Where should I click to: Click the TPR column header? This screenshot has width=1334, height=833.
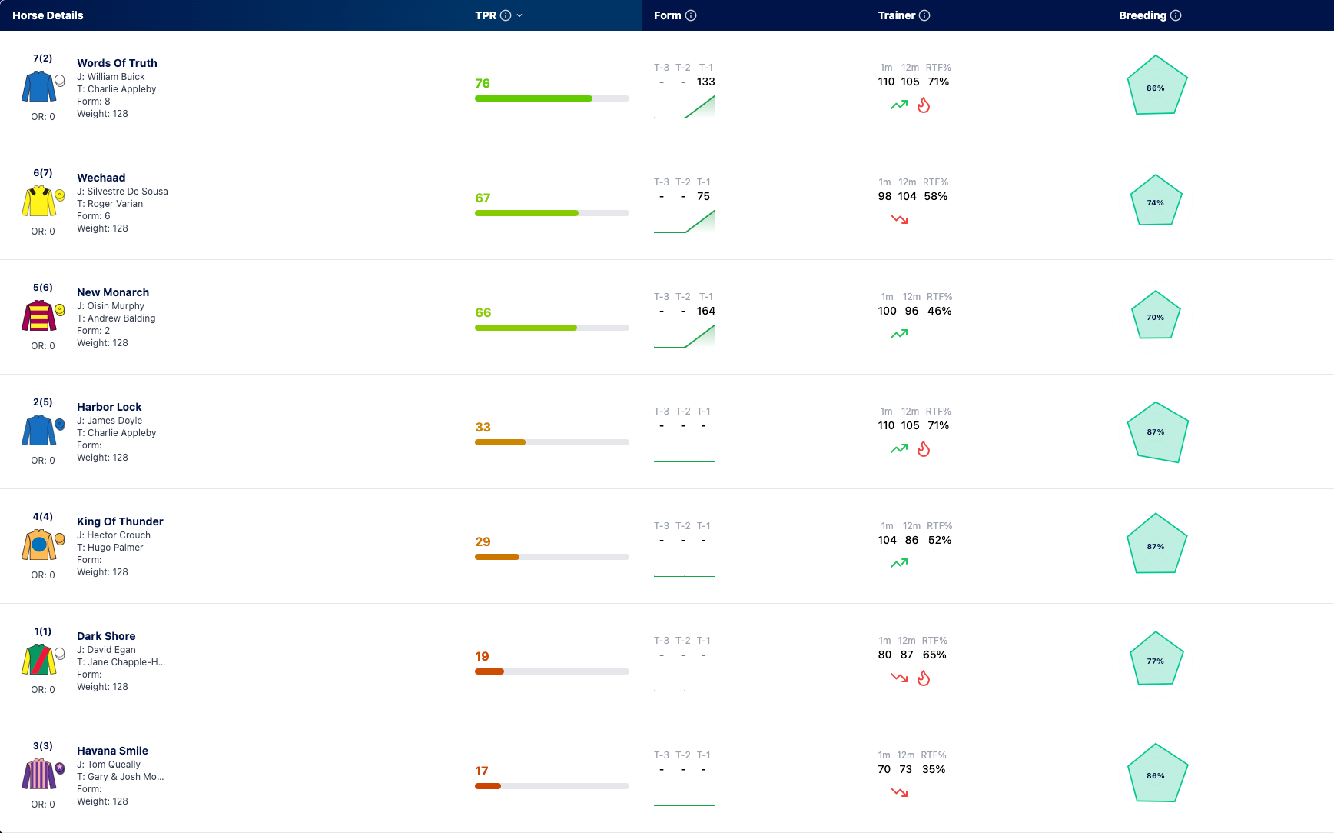click(486, 15)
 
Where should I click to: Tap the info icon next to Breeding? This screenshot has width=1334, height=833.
click(1176, 15)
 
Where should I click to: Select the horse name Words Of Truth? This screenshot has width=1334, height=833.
click(117, 63)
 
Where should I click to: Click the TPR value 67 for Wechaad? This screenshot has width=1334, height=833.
click(483, 198)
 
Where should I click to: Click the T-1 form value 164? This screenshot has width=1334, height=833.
click(706, 311)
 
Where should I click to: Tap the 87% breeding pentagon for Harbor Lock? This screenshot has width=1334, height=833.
click(1157, 432)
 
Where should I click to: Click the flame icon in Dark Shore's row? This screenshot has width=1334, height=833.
click(924, 678)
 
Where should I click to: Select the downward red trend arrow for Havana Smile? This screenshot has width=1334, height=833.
click(899, 792)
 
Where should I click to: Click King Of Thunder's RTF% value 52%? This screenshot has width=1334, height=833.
click(940, 540)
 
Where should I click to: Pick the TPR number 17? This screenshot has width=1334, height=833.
click(482, 771)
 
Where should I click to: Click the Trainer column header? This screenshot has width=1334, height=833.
click(897, 15)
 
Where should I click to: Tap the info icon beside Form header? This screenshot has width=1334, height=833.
click(691, 15)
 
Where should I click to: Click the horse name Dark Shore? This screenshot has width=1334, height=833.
click(106, 636)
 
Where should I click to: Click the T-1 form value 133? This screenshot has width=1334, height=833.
click(706, 82)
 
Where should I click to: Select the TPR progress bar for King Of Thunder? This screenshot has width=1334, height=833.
click(552, 557)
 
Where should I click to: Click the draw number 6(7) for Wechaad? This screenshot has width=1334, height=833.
click(43, 173)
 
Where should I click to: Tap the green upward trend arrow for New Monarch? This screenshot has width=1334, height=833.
click(899, 334)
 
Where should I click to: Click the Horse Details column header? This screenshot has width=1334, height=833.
click(48, 15)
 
